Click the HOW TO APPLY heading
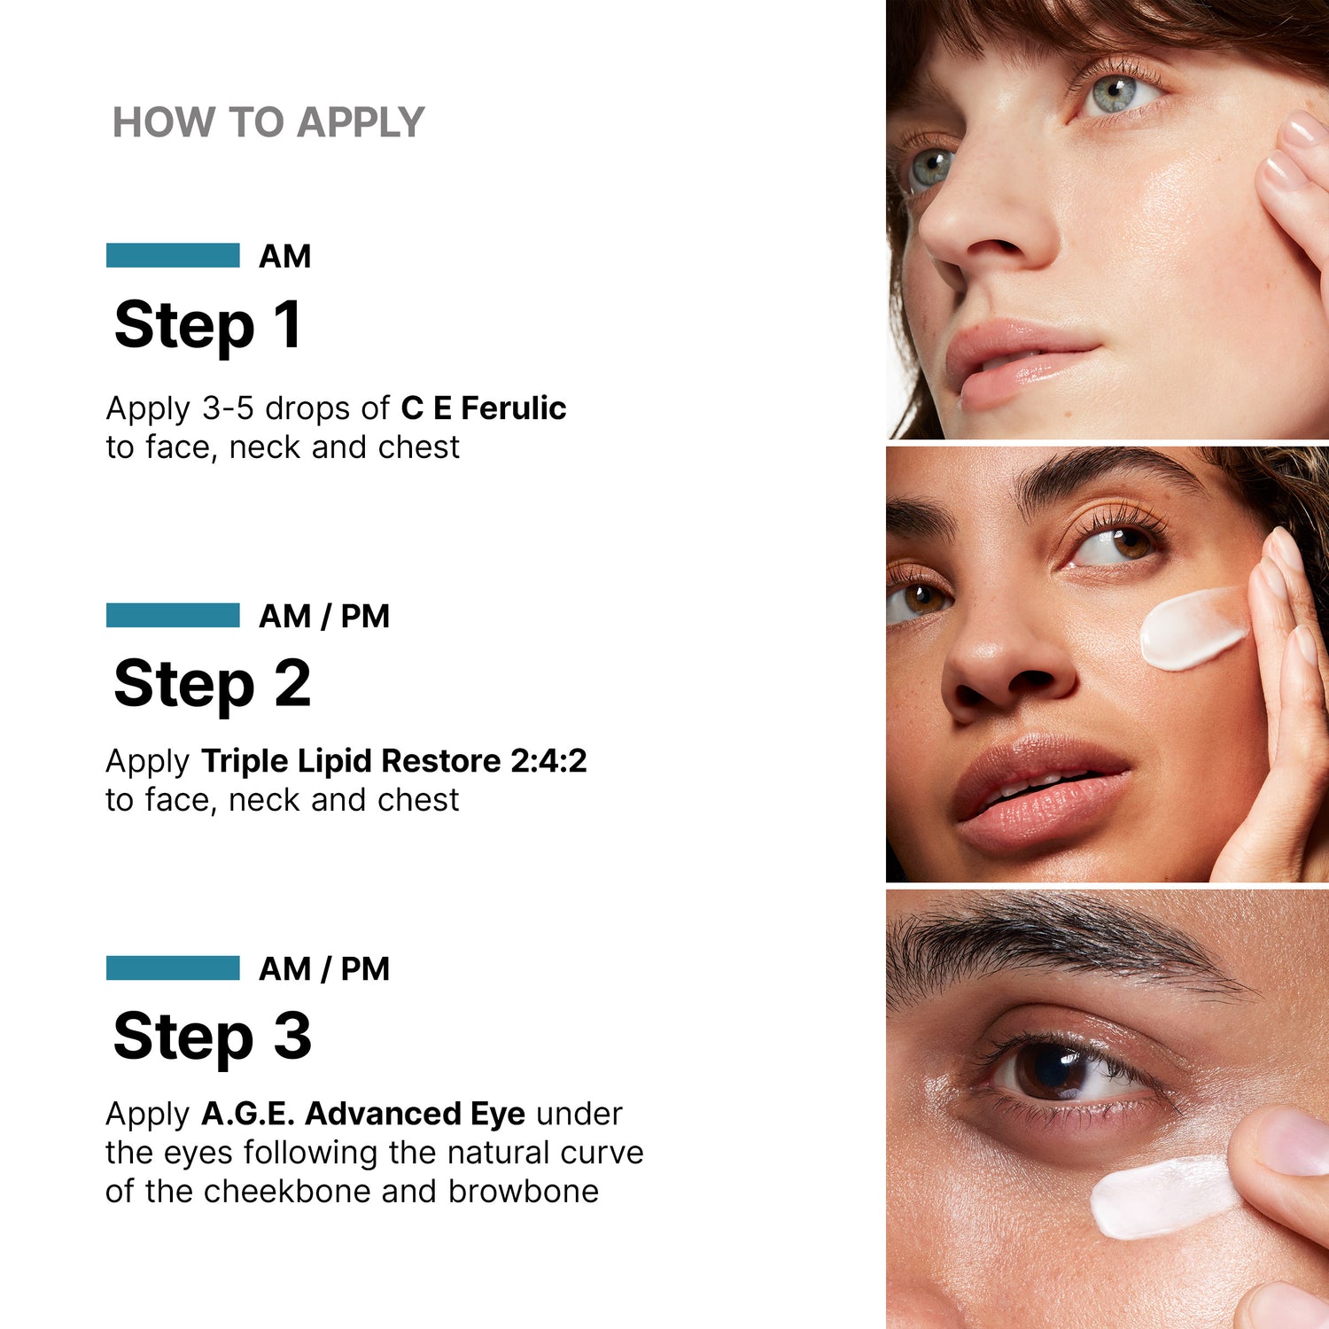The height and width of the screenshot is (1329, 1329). [x=268, y=122]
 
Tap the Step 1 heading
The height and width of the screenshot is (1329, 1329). [x=208, y=325]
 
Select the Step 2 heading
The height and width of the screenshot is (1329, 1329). [x=213, y=684]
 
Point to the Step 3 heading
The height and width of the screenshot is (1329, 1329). [x=213, y=1037]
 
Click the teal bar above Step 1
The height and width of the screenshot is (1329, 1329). [x=173, y=255]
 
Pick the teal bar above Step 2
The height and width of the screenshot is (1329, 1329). [x=173, y=615]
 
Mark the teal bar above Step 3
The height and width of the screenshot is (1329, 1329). [x=173, y=968]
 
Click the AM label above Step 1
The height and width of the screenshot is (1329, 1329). [x=284, y=257]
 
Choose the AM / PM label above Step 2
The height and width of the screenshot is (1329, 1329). [x=323, y=617]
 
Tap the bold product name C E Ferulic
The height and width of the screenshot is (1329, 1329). [x=483, y=408]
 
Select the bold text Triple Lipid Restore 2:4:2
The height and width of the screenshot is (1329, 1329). [x=393, y=761]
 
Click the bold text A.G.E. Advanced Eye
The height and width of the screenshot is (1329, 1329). [x=363, y=1114]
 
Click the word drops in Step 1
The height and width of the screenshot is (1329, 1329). [x=307, y=408]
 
